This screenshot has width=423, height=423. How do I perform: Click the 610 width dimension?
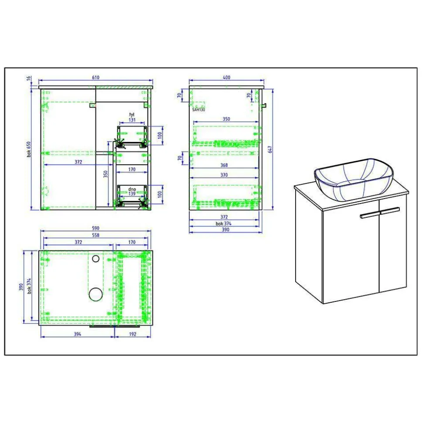tap(96, 78)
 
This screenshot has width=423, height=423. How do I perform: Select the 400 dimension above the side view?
tap(227, 78)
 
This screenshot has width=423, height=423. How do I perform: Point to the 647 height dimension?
tap(270, 150)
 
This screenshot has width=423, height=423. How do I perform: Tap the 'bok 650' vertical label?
tap(29, 149)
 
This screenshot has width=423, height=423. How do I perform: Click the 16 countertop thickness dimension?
tap(29, 78)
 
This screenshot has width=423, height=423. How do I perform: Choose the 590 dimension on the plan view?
tap(96, 228)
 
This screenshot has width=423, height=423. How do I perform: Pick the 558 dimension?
tap(96, 235)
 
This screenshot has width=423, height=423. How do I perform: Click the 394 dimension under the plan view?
tap(78, 334)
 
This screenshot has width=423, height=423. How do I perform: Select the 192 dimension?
tap(133, 334)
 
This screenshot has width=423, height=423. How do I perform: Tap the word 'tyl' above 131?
tap(132, 115)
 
